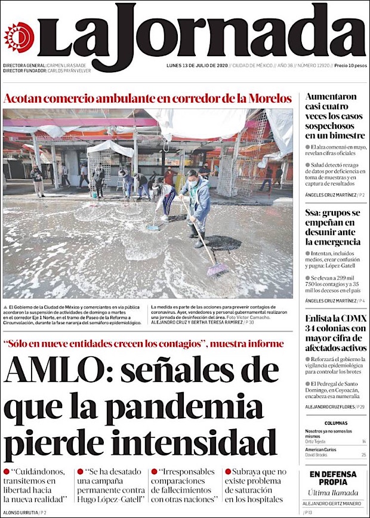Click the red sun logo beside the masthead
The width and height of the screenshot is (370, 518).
[x=19, y=38]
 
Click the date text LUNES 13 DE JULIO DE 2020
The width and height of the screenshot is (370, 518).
[x=196, y=66]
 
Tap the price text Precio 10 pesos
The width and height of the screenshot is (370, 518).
[x=350, y=66]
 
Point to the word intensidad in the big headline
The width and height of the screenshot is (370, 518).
[x=200, y=445]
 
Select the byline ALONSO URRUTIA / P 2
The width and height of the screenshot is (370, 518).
[x=24, y=512]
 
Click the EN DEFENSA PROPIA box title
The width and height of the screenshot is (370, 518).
[x=333, y=478]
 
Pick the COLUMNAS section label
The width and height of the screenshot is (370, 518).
[x=333, y=423]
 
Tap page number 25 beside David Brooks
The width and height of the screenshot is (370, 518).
[x=363, y=455]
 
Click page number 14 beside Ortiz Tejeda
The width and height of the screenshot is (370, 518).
[x=363, y=442]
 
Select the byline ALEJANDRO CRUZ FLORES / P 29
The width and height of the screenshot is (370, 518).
[x=335, y=406]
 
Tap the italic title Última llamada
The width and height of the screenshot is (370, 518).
[x=333, y=493]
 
